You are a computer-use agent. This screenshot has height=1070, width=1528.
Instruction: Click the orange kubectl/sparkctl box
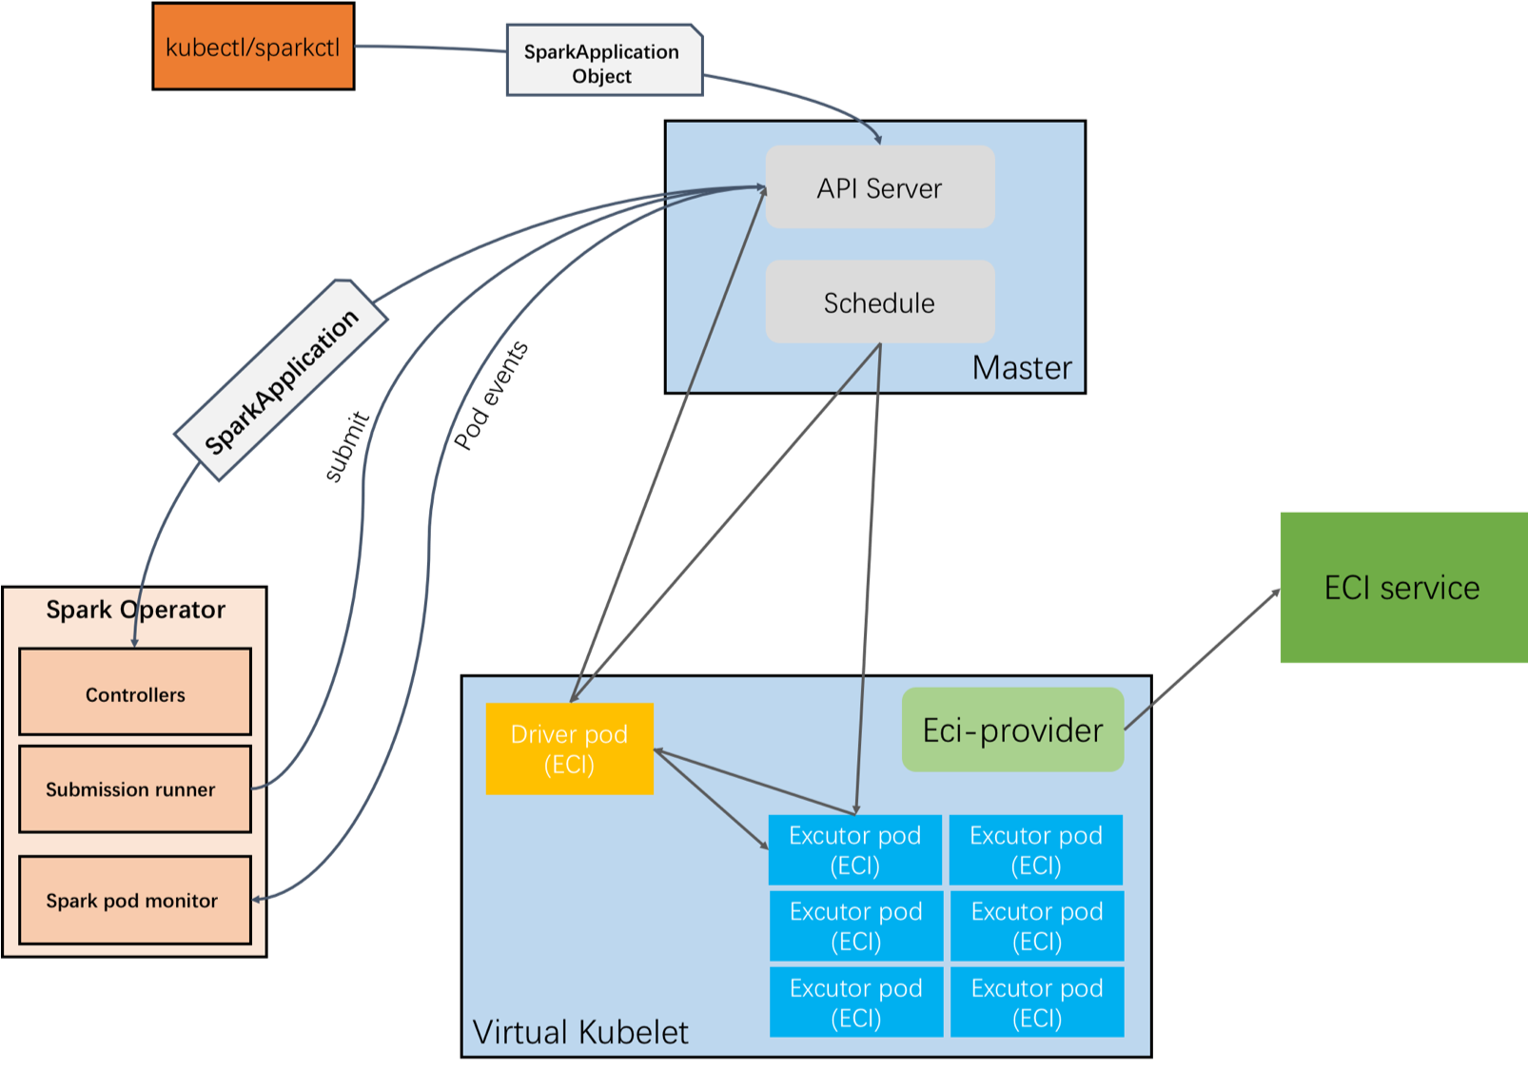coord(253,47)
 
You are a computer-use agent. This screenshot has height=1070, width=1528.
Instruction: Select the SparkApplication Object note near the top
coord(603,62)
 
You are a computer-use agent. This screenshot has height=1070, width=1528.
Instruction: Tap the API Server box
coord(879,187)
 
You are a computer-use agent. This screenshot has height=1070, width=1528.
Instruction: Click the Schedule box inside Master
coord(879,302)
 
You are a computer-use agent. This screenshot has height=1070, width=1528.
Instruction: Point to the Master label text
coord(1021,368)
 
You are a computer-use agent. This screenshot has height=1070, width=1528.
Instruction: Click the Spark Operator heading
coord(135,610)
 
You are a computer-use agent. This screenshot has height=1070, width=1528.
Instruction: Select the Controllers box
coord(135,692)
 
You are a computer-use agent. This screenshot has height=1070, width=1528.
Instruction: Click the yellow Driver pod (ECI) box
coord(569,749)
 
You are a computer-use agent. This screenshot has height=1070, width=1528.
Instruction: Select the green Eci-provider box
coord(1012,730)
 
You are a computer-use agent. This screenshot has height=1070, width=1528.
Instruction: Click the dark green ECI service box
coord(1402,587)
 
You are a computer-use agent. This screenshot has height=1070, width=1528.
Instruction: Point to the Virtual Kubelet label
coord(579,1032)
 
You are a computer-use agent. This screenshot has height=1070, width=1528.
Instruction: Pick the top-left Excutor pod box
coord(854,849)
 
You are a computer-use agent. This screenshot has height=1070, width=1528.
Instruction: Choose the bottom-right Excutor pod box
coord(1036,1002)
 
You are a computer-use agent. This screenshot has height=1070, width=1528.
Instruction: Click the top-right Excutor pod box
coord(1035,849)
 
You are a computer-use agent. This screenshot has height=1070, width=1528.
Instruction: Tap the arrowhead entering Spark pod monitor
coord(258,899)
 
